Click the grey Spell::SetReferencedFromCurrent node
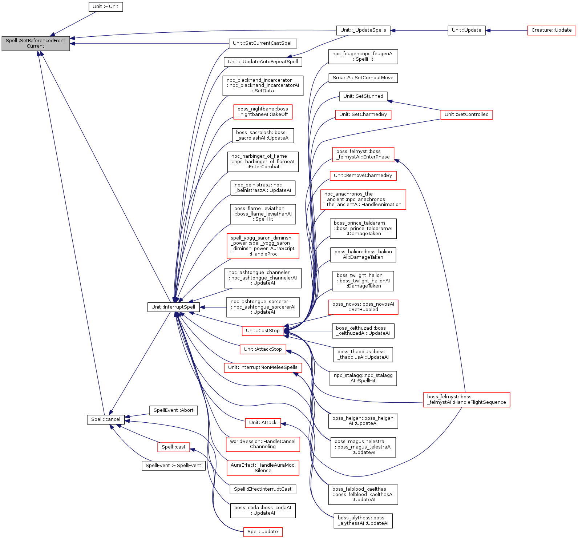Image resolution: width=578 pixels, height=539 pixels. tap(36, 43)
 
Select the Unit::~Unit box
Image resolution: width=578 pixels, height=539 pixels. tap(106, 7)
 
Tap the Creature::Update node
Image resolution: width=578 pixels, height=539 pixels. tap(551, 30)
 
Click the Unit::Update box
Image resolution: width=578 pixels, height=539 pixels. tap(466, 30)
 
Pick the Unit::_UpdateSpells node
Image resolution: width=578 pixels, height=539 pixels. tap(363, 30)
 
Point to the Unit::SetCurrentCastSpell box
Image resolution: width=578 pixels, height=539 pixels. tap(263, 43)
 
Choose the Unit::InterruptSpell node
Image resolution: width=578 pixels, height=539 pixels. tap(173, 307)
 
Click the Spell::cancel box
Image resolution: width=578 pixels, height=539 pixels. tap(106, 419)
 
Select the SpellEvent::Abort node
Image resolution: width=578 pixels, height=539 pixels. tap(173, 410)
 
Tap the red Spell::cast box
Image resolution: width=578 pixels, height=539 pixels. tap(173, 447)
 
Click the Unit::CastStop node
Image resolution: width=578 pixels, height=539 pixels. tap(263, 331)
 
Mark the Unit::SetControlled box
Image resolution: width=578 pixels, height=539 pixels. tap(466, 114)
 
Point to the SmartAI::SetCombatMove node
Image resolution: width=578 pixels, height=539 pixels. tap(363, 78)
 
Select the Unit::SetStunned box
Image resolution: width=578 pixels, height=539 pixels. tap(363, 96)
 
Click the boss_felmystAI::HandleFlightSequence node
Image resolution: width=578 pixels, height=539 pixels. tap(466, 399)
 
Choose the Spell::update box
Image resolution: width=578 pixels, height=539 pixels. tap(263, 532)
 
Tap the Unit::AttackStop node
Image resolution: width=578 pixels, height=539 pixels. tap(263, 349)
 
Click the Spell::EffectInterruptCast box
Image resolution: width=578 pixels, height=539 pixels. tap(263, 489)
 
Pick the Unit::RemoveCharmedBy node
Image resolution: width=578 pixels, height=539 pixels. tap(363, 176)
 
